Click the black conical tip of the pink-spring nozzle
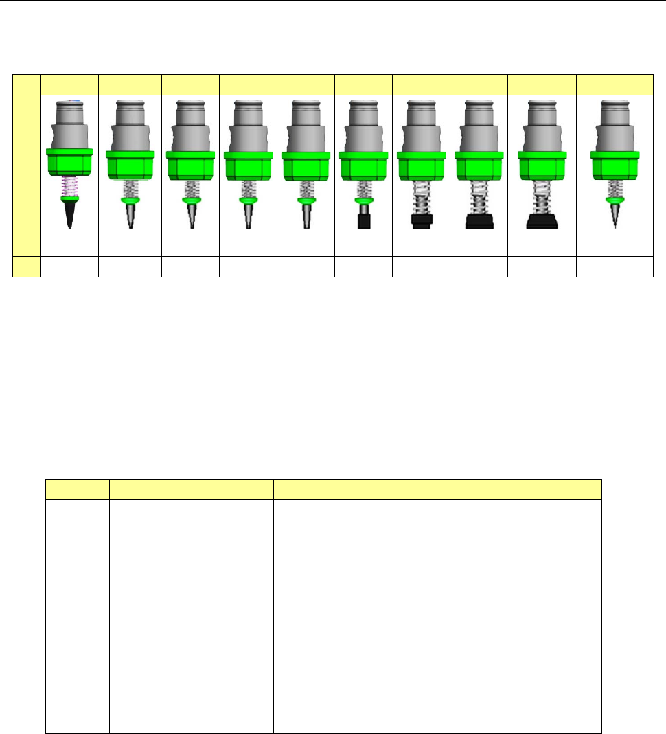point(69,214)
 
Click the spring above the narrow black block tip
point(364,189)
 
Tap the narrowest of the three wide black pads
point(421,221)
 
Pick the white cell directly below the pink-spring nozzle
point(69,245)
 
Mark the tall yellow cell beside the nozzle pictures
point(27,165)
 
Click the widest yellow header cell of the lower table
point(437,489)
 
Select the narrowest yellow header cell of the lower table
point(77,489)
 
